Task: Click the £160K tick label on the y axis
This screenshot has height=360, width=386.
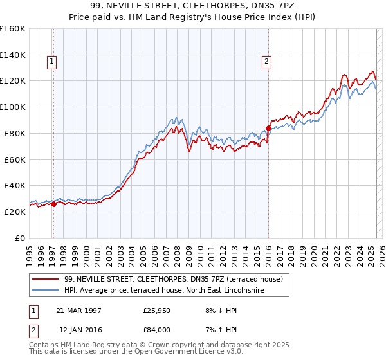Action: click(x=13, y=29)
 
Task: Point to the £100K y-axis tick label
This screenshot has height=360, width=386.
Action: click(x=13, y=107)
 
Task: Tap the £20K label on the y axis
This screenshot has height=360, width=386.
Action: click(x=15, y=212)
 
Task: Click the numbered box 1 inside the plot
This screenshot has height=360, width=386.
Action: click(x=51, y=62)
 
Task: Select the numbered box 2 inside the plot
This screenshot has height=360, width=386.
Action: click(x=266, y=62)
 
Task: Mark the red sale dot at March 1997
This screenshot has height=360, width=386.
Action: click(x=53, y=204)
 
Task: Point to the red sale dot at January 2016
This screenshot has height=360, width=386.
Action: click(x=268, y=128)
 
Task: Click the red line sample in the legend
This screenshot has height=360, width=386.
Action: click(x=46, y=279)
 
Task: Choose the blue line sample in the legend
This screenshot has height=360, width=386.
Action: click(x=46, y=291)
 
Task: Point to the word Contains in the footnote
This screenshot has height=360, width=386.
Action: click(x=45, y=345)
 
